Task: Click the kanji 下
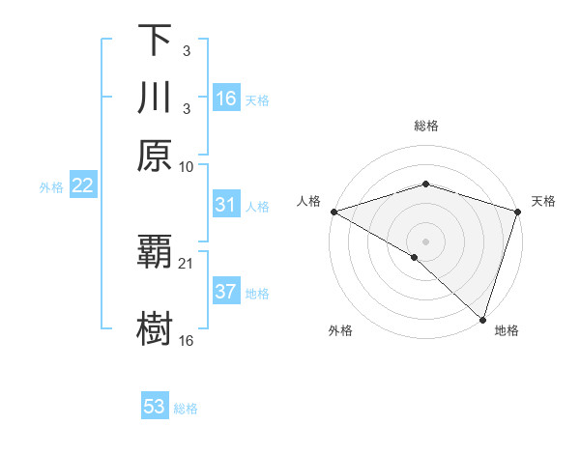(155, 41)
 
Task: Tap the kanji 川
(155, 99)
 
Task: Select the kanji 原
(155, 156)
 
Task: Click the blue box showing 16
(226, 99)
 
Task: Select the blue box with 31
(226, 205)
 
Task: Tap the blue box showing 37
(226, 292)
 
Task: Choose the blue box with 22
(82, 185)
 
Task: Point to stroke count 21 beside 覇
(187, 263)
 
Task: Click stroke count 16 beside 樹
(187, 340)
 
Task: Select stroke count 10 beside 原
(187, 166)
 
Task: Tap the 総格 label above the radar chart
(426, 126)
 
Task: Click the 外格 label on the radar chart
(340, 331)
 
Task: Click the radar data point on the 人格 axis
(333, 212)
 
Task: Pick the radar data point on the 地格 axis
(482, 319)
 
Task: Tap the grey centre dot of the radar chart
(426, 241)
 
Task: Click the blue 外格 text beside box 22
(50, 186)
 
